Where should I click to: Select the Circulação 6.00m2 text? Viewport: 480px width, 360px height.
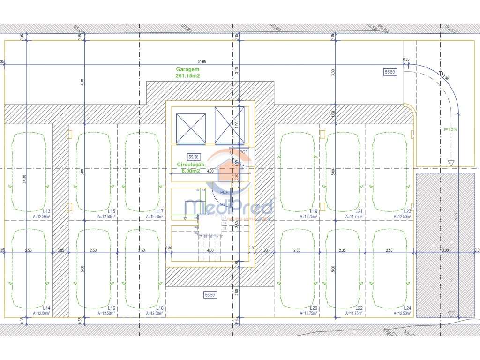(x=191, y=167)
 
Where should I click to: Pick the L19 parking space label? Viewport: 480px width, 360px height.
(x=314, y=211)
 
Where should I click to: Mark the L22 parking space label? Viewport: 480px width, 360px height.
(x=360, y=307)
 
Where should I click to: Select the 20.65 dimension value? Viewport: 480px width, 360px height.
(x=202, y=62)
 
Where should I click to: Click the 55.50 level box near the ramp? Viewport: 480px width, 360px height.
(x=390, y=72)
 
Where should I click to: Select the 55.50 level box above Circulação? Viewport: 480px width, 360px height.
(x=194, y=157)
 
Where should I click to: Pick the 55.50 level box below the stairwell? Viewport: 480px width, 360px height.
(x=210, y=295)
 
